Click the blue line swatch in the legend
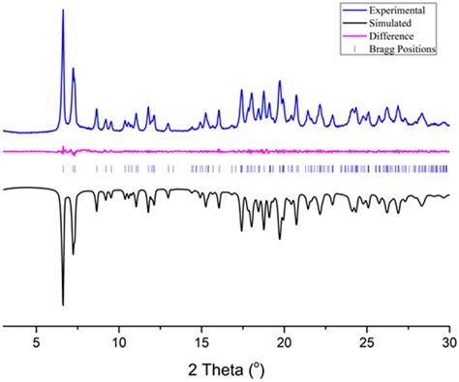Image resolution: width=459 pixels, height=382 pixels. [x=352, y=9]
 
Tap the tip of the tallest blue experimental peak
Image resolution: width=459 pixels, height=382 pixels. [x=63, y=11]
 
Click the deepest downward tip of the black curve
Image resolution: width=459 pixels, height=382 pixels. [x=63, y=305]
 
